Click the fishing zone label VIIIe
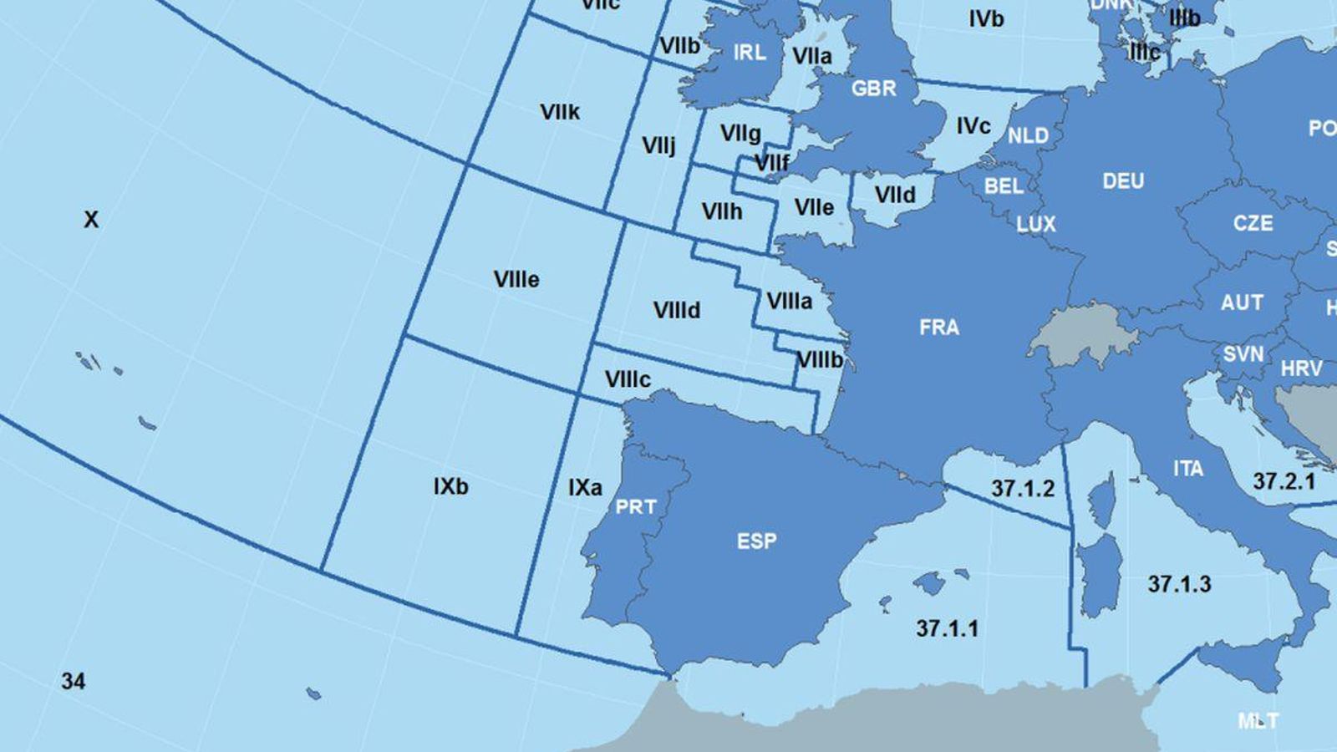pos(516,279)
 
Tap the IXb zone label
pos(451,485)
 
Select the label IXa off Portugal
pos(585,487)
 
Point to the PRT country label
pos(635,506)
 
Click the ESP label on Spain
pos(756,541)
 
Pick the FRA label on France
pos(939,327)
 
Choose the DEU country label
pos(1123,180)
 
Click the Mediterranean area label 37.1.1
pos(947,628)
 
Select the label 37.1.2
pos(1023,488)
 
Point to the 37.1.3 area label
pos(1179,583)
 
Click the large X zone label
pos(91,220)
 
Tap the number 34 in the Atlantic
pos(74,681)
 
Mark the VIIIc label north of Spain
pos(628,379)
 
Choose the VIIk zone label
pos(560,112)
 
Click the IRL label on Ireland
pos(749,53)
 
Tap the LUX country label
pos(1036,224)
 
